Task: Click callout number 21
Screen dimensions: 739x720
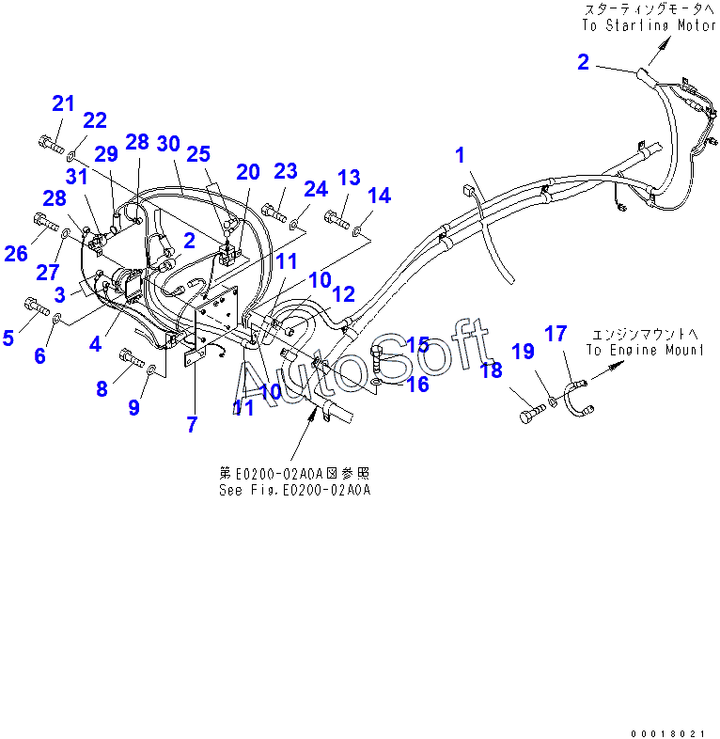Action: [63, 103]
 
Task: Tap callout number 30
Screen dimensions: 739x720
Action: [168, 143]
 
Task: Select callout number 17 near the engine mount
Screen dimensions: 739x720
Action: [556, 333]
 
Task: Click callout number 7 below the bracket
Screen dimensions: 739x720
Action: [192, 424]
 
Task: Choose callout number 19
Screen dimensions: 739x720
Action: [523, 352]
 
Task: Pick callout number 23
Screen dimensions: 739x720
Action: [286, 171]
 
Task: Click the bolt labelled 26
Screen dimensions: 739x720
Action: [44, 222]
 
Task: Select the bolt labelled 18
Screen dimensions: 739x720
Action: [529, 412]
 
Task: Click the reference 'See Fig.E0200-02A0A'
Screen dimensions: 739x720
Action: [296, 490]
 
